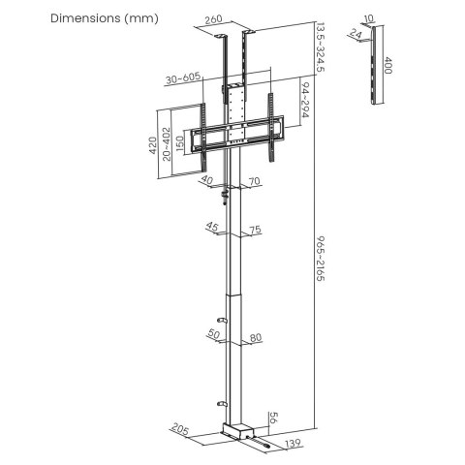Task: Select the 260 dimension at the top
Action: click(x=213, y=18)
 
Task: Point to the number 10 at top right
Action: click(x=368, y=18)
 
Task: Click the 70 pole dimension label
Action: click(x=254, y=180)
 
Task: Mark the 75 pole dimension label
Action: click(x=254, y=230)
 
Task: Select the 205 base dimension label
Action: click(x=177, y=426)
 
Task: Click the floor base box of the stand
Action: click(x=238, y=428)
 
